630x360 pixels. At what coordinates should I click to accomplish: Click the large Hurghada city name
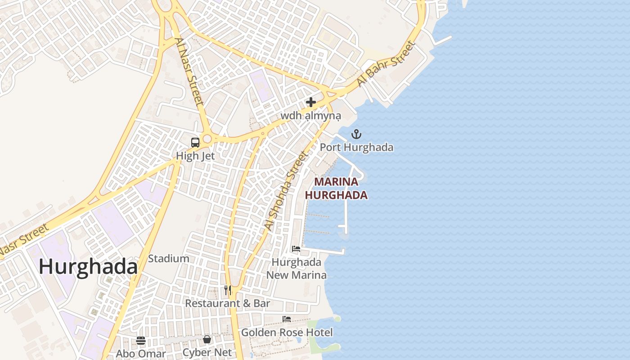click(x=88, y=267)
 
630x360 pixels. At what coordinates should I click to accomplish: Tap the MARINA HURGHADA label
click(x=336, y=189)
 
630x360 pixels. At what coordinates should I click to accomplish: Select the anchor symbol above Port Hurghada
click(x=356, y=134)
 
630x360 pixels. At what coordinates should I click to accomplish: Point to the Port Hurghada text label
click(x=356, y=147)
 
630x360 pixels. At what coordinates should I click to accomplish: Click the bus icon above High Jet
click(x=195, y=143)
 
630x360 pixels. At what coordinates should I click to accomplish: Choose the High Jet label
click(x=195, y=156)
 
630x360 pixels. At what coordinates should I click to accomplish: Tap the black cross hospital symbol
click(x=310, y=102)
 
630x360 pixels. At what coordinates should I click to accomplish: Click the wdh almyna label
click(x=311, y=116)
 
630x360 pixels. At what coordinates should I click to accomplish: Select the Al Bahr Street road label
click(x=385, y=64)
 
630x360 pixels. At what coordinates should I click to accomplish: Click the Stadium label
click(x=168, y=258)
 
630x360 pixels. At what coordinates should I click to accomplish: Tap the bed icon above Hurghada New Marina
click(x=296, y=248)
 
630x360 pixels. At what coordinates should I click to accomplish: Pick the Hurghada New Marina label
click(x=297, y=268)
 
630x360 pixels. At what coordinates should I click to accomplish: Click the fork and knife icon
click(x=228, y=290)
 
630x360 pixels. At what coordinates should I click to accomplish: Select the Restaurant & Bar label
click(x=228, y=303)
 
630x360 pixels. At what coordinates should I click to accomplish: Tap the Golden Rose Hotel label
click(x=287, y=333)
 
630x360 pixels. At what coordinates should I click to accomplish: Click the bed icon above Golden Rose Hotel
click(x=287, y=319)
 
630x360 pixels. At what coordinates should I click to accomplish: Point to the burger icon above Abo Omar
click(x=141, y=340)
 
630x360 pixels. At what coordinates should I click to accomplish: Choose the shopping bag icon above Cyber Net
click(x=207, y=339)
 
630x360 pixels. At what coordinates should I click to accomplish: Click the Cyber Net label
click(x=207, y=352)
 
